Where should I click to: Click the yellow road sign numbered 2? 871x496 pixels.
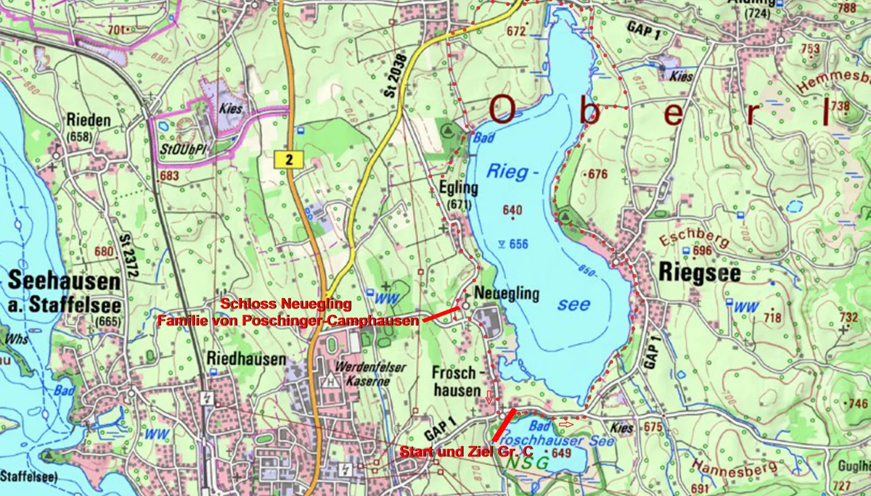pyautogui.click(x=289, y=160)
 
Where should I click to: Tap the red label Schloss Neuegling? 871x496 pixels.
pyautogui.click(x=286, y=303)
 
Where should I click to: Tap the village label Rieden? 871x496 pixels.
pyautogui.click(x=88, y=120)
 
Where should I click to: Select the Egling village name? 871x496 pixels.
pyautogui.click(x=459, y=188)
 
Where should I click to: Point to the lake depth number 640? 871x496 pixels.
pyautogui.click(x=512, y=210)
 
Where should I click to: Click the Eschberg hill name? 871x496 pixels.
pyautogui.click(x=684, y=239)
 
